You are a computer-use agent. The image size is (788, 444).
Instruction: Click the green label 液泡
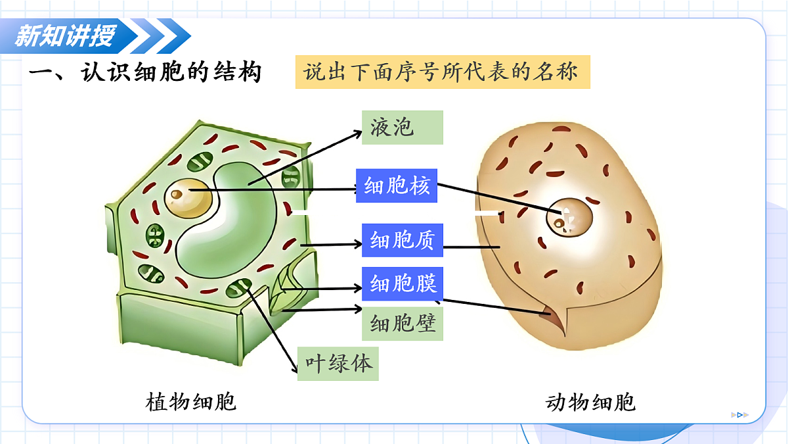pyautogui.click(x=403, y=128)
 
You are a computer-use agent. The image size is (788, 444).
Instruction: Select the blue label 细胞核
pyautogui.click(x=397, y=185)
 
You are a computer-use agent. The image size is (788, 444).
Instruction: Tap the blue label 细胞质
pyautogui.click(x=403, y=240)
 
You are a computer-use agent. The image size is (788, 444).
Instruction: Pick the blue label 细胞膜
pyautogui.click(x=403, y=284)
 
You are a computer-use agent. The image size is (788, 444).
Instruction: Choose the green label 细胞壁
pyautogui.click(x=403, y=324)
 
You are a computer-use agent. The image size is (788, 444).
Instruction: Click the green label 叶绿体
pyautogui.click(x=338, y=364)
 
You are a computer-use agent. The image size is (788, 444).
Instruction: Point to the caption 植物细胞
pyautogui.click(x=190, y=402)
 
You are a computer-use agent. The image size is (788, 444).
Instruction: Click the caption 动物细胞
pyautogui.click(x=590, y=402)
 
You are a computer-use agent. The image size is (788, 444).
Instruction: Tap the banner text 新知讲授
pyautogui.click(x=65, y=36)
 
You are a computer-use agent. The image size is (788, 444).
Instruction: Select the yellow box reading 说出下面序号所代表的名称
pyautogui.click(x=443, y=72)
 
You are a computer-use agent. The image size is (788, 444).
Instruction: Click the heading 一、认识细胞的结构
pyautogui.click(x=145, y=72)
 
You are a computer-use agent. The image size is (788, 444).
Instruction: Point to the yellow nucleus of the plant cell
pyautogui.click(x=188, y=198)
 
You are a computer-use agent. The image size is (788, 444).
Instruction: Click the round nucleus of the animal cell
pyautogui.click(x=569, y=218)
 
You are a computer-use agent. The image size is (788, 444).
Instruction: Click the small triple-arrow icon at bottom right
pyautogui.click(x=740, y=415)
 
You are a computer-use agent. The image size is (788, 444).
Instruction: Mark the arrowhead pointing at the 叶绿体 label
pyautogui.click(x=295, y=368)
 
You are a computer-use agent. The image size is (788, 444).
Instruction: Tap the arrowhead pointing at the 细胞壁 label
pyautogui.click(x=358, y=309)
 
